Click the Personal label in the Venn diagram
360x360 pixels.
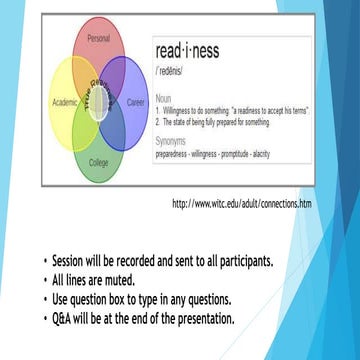point(98,37)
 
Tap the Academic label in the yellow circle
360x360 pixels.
point(64,102)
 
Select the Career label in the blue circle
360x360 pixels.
point(135,102)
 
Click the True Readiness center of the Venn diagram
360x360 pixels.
point(98,100)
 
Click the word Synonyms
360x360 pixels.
point(172,141)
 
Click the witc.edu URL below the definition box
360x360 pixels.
point(241,203)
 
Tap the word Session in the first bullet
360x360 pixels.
point(73,263)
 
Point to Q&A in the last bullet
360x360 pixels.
point(67,319)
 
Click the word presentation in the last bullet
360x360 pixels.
point(199,319)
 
